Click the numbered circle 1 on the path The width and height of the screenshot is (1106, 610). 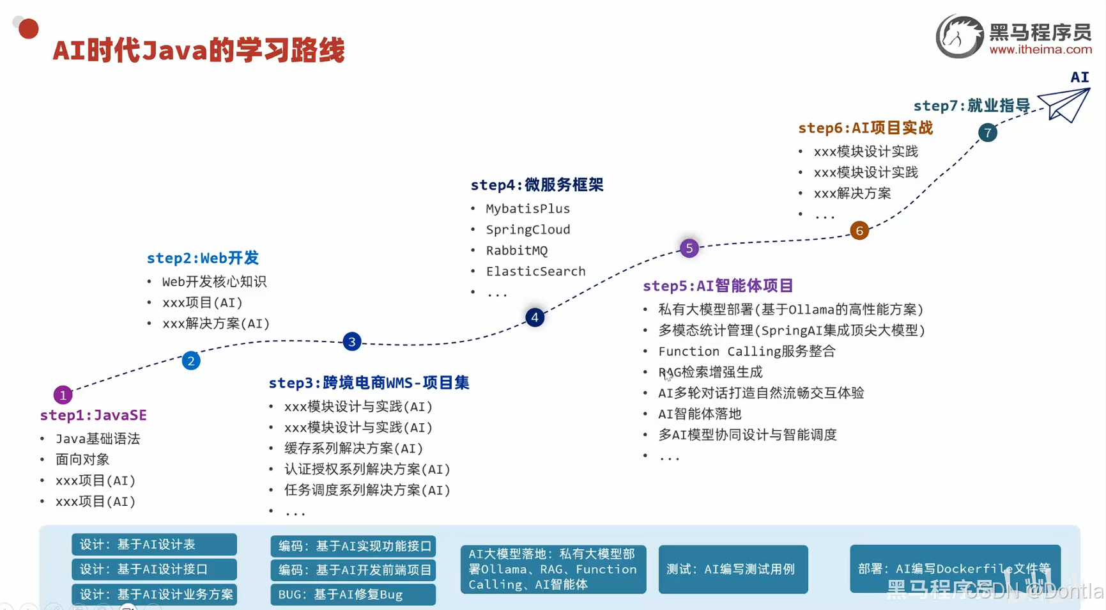tap(63, 395)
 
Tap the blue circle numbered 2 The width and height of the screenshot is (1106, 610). tap(191, 361)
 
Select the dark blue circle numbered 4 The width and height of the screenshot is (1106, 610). tap(535, 317)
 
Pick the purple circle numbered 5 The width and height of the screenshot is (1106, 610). tap(689, 248)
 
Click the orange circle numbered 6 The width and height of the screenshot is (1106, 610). tap(859, 231)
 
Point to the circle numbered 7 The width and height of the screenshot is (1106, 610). tap(988, 133)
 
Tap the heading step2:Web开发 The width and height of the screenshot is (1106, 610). tap(203, 258)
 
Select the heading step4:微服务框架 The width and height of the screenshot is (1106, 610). tap(537, 185)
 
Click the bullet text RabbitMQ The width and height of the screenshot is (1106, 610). tap(516, 251)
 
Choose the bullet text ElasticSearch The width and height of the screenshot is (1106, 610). tap(535, 272)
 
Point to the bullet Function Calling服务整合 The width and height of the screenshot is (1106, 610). tap(746, 352)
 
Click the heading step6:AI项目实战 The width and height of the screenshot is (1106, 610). tap(865, 128)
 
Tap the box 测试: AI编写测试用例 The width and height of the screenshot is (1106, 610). tap(733, 569)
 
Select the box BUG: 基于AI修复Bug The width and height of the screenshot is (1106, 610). tap(353, 595)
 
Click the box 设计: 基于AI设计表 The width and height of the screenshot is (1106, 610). tap(154, 545)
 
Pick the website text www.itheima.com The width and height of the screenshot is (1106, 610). tap(1040, 50)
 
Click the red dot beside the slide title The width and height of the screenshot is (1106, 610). tap(29, 29)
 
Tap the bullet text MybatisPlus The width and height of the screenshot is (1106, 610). tap(528, 209)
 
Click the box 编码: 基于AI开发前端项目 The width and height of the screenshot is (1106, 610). tap(353, 570)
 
